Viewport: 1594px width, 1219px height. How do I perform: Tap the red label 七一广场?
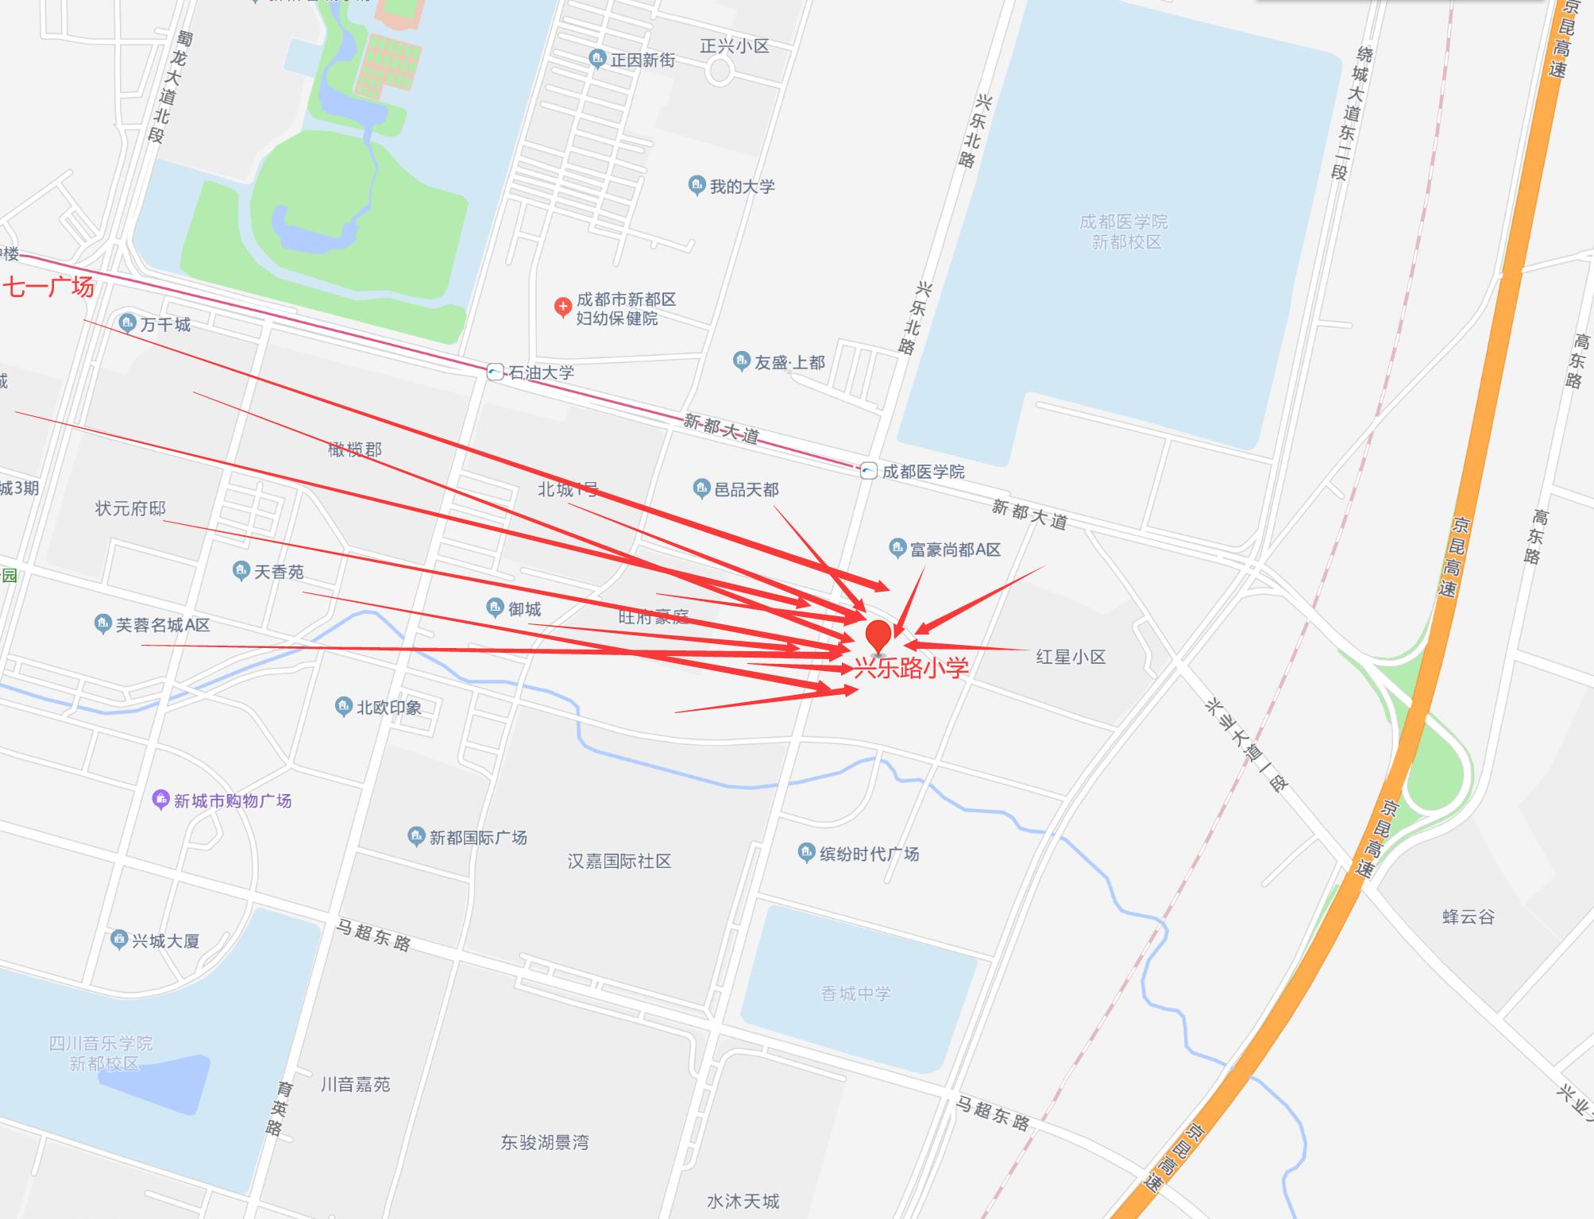[49, 287]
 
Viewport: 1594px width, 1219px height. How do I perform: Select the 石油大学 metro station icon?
[495, 372]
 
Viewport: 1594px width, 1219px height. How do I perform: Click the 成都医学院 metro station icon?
[868, 470]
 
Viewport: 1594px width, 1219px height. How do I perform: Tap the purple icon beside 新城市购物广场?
[160, 799]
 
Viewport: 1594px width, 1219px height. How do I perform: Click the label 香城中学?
[855, 993]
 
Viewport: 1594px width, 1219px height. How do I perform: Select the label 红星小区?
[1071, 657]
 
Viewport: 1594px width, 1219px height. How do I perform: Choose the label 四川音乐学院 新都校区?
[102, 1053]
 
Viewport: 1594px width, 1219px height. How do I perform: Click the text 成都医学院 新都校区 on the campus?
[1125, 232]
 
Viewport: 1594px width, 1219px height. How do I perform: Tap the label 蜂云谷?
[1468, 916]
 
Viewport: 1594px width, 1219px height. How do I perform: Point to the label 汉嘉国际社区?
[619, 861]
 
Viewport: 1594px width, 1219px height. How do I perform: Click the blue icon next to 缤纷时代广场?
[806, 853]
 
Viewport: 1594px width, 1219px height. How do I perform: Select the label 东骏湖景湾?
[545, 1142]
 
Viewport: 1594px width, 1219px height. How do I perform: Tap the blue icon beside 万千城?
[127, 323]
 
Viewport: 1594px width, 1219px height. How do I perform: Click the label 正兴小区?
[734, 46]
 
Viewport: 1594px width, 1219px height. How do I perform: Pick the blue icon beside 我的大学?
[697, 186]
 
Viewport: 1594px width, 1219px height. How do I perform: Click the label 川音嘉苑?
[355, 1084]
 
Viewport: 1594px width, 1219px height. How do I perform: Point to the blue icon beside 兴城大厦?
[119, 940]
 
